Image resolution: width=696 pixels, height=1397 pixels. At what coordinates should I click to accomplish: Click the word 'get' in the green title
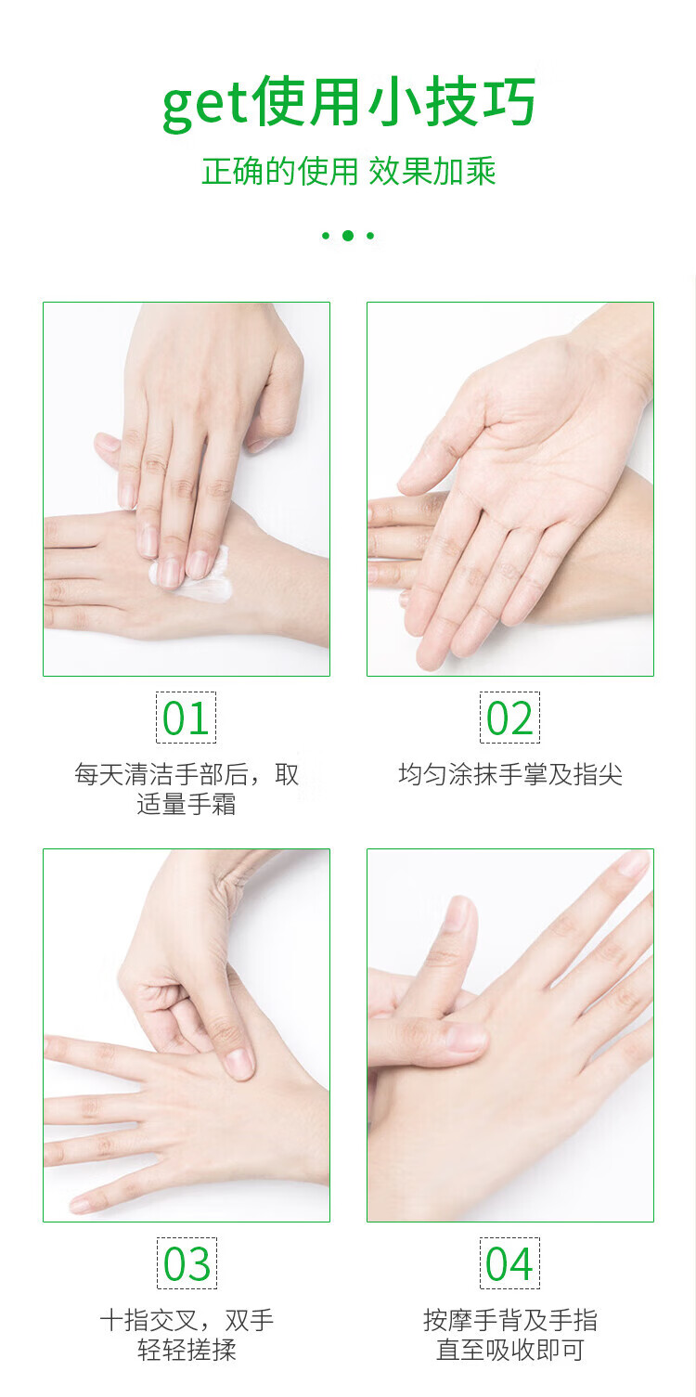click(205, 105)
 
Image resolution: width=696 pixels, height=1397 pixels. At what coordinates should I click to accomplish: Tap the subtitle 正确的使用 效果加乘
click(349, 172)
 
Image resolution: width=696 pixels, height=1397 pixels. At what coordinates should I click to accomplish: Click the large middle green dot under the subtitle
click(348, 235)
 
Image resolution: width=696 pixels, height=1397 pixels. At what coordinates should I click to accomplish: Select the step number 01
click(186, 718)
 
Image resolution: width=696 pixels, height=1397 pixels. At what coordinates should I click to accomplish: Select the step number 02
click(509, 718)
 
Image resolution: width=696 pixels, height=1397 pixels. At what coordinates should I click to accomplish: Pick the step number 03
click(187, 1264)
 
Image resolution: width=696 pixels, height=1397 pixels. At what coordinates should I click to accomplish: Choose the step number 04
click(509, 1264)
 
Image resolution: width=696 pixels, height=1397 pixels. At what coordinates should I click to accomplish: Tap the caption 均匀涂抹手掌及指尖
click(510, 774)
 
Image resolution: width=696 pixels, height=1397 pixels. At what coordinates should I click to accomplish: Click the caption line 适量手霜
click(187, 805)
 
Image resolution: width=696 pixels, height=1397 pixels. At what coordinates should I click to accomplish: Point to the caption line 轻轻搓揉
click(187, 1351)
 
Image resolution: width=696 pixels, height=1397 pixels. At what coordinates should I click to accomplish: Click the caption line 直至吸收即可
click(510, 1351)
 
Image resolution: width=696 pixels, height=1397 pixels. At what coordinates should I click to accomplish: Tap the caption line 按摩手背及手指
click(510, 1320)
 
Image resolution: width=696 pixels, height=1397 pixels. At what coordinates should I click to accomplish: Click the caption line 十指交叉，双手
click(187, 1320)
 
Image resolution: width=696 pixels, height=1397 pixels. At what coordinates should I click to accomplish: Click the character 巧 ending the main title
click(509, 102)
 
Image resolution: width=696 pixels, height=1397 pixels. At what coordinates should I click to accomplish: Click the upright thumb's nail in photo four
click(459, 913)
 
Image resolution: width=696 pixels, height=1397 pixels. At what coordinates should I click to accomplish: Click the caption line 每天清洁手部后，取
click(187, 774)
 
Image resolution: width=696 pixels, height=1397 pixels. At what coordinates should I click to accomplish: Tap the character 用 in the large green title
click(334, 102)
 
